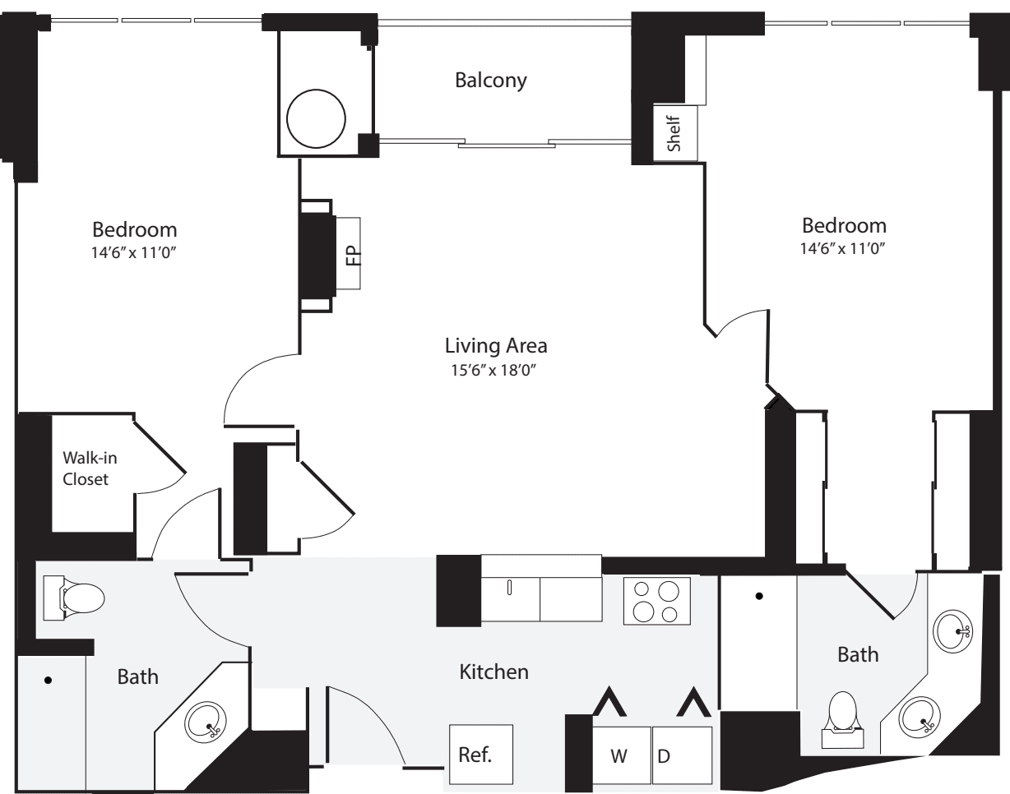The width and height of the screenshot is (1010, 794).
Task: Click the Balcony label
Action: (x=490, y=81)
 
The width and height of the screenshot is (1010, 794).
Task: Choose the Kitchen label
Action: (x=493, y=672)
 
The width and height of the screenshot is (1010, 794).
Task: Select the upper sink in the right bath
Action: (x=956, y=630)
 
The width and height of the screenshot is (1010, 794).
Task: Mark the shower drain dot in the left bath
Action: (x=49, y=680)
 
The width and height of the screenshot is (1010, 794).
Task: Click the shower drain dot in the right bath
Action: (x=759, y=594)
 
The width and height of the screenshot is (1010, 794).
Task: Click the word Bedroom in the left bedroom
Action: (x=135, y=229)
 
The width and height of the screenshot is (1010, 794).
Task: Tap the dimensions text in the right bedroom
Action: (x=845, y=247)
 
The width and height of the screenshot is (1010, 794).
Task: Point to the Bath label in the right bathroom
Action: (x=858, y=655)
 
